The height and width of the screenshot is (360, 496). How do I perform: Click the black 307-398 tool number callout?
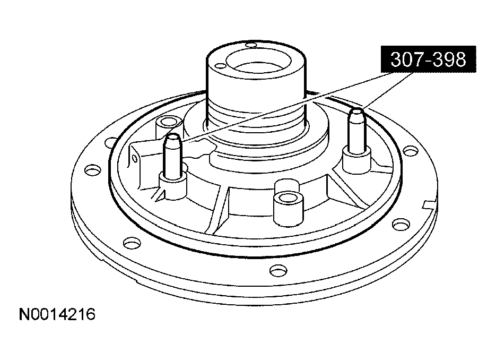tap(428, 59)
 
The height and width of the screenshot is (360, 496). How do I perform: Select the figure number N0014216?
tap(57, 314)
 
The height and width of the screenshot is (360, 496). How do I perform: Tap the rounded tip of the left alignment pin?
tap(173, 137)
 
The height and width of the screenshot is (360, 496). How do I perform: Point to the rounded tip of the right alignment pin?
tap(357, 112)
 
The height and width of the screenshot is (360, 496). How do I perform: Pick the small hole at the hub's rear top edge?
tap(251, 45)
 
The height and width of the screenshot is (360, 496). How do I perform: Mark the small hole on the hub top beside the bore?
tap(220, 66)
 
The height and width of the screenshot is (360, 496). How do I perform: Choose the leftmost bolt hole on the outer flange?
tap(92, 170)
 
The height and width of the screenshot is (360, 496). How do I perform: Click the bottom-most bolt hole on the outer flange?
tap(279, 270)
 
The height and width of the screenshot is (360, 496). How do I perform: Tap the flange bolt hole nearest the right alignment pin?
tap(410, 151)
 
